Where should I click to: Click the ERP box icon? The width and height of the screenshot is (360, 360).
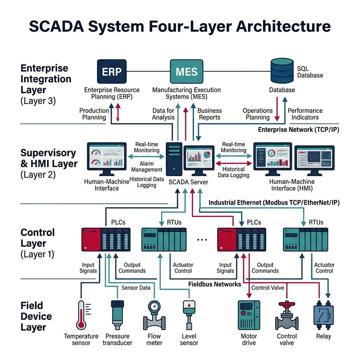tap(111, 72)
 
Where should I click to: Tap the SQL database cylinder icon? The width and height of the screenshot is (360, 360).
tap(282, 70)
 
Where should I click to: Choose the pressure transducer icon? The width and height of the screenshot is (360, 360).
tap(117, 312)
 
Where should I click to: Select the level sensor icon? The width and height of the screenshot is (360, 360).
tap(189, 314)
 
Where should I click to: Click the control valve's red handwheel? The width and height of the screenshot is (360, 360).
tap(286, 303)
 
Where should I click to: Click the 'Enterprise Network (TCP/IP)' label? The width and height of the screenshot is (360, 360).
tap(298, 130)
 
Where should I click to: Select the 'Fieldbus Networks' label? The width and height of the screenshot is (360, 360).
tap(215, 284)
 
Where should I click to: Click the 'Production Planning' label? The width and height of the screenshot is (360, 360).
tap(94, 114)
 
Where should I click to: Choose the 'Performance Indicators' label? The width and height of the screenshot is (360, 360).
tap(305, 114)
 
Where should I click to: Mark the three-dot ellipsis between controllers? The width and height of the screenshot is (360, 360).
tap(202, 239)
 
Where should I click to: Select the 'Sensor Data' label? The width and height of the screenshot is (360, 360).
tap(136, 288)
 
